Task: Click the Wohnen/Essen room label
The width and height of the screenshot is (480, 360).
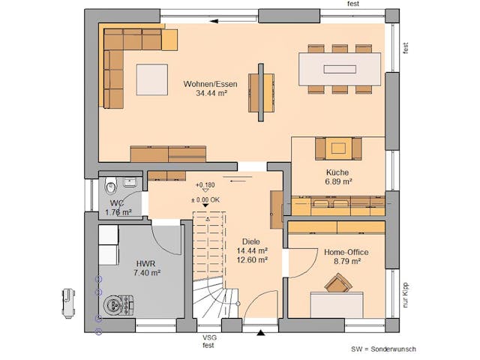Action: click(x=210, y=84)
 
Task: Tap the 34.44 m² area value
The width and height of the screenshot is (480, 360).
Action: click(x=210, y=94)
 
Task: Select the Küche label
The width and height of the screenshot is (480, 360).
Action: click(x=337, y=172)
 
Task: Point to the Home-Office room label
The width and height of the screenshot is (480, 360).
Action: click(x=346, y=252)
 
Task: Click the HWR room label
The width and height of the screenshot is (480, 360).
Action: click(x=146, y=263)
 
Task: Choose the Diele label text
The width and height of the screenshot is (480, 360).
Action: click(x=250, y=241)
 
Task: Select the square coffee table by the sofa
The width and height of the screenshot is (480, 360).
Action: click(x=151, y=77)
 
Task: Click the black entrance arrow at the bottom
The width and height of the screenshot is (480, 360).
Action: click(x=260, y=331)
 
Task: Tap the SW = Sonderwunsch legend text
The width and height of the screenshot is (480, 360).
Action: click(x=383, y=349)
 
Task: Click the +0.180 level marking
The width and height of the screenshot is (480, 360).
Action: click(x=205, y=184)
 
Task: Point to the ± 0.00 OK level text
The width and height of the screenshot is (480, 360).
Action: click(x=205, y=199)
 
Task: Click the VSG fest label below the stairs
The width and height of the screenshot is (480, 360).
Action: click(x=209, y=341)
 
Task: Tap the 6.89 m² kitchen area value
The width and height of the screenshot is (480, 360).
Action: click(x=337, y=181)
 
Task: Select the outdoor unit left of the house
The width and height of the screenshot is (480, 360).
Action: click(x=69, y=301)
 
